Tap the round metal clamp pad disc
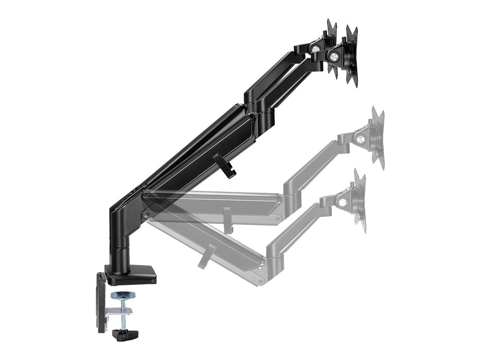pos(123,295)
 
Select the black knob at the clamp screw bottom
pos(125,334)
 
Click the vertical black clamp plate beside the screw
pos(101,302)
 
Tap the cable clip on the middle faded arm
pos(227,220)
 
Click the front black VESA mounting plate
pos(352,56)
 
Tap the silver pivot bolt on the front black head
pos(332,56)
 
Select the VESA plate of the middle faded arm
pos(378,138)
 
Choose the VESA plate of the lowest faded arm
pos(360,200)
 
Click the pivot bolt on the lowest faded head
pos(342,202)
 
